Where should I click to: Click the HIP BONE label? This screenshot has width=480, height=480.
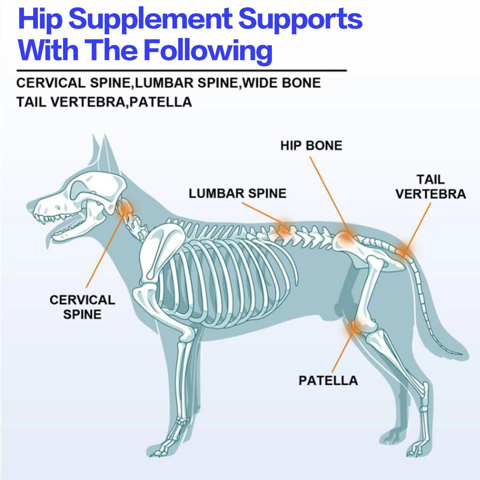[x=311, y=145]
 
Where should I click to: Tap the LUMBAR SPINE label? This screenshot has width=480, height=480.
[x=237, y=193]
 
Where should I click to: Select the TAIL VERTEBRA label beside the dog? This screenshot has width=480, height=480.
[x=430, y=186]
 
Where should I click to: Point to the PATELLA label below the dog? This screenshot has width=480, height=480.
[x=328, y=380]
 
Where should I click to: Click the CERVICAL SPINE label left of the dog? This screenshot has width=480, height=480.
[x=82, y=307]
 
